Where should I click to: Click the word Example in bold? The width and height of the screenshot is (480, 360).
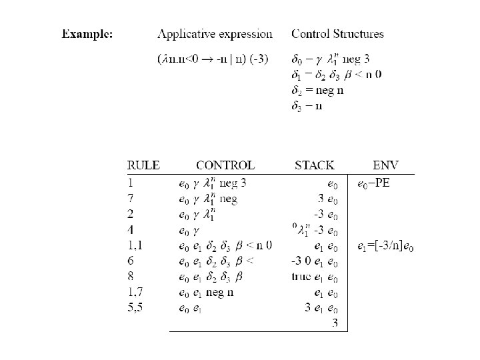pos(87,33)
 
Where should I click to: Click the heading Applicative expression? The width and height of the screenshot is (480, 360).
pos(215,34)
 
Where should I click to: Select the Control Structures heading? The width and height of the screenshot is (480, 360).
pos(337,33)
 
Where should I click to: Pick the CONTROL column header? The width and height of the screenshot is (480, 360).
pos(225,165)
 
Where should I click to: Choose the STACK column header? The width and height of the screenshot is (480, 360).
pos(314,165)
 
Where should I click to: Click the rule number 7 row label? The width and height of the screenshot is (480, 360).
pos(131,199)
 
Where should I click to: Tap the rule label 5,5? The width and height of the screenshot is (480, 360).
pos(136,308)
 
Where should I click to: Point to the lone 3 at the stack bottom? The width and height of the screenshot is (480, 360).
pos(335,323)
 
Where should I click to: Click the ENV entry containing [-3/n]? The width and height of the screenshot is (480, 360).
pos(385,247)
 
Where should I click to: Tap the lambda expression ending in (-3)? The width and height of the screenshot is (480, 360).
pos(213,59)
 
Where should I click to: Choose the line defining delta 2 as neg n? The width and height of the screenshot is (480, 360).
pos(317,91)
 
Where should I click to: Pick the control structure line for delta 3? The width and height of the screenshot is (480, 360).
pos(307,107)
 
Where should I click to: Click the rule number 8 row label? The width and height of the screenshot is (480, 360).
pos(131,277)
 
